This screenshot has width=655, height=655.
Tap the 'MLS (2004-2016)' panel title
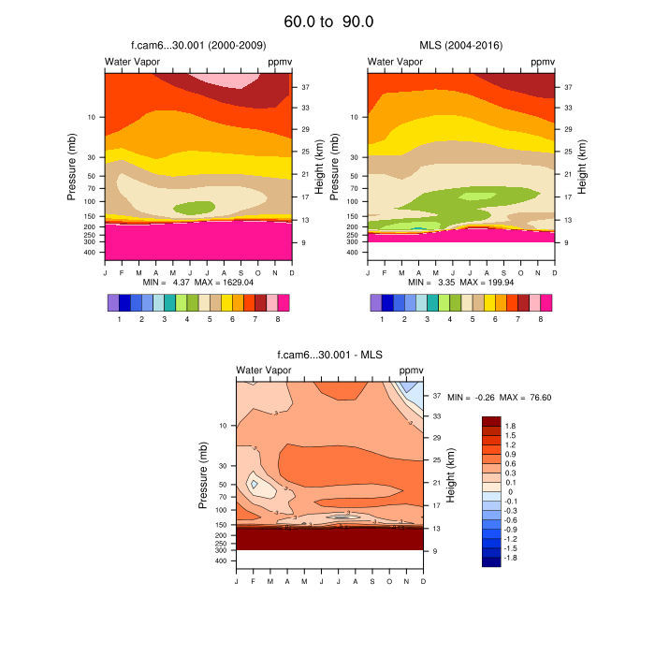(x=461, y=45)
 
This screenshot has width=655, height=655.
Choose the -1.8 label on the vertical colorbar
(x=512, y=558)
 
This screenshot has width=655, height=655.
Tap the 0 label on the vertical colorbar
(x=509, y=491)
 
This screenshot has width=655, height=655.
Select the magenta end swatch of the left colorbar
(x=284, y=303)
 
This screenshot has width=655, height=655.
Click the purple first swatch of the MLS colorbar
(x=376, y=303)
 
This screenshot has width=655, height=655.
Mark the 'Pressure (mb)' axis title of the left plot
(x=71, y=166)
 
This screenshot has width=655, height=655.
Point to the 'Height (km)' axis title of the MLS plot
(x=581, y=166)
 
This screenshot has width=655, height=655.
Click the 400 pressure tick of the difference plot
(x=222, y=561)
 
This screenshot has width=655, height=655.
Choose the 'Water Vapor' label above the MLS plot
(x=395, y=62)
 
